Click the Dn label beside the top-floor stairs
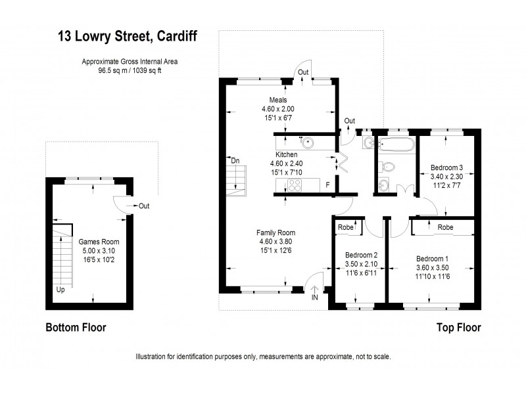coord(235,160)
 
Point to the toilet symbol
coord(387,167)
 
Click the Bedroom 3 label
coord(446,167)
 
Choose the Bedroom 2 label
coord(361,255)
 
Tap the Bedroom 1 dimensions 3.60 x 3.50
coord(432,267)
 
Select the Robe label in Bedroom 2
coord(346,227)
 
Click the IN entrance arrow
coord(315,294)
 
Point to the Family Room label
coord(275,232)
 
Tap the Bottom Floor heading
coord(75,327)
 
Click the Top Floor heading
coord(458,327)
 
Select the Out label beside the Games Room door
coord(143,206)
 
